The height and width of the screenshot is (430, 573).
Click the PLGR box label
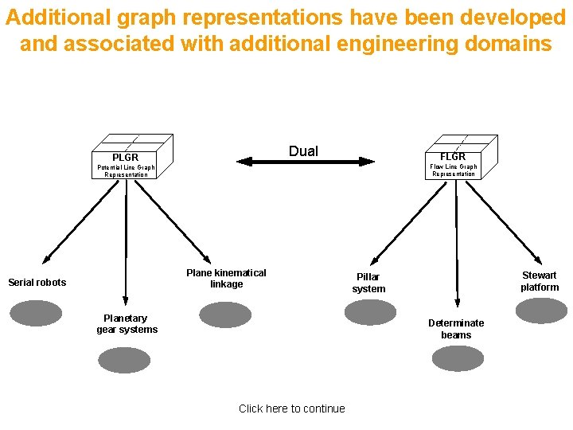125,157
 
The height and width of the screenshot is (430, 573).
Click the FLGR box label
453,156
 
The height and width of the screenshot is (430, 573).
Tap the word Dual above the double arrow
303,151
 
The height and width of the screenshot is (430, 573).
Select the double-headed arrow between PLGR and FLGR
306,161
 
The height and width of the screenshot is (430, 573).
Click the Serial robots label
37,282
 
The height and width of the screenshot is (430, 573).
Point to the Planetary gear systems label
127,324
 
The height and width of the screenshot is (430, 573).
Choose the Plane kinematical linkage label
226,279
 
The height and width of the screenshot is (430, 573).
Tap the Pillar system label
368,283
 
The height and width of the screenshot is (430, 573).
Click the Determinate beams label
456,329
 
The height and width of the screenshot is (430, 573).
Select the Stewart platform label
540,281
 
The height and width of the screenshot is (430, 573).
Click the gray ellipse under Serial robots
35,313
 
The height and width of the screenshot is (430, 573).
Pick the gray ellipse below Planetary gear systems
124,360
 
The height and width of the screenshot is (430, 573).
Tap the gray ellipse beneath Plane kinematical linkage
225,315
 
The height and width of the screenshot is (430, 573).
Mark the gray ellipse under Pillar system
369,312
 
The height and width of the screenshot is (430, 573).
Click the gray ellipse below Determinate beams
457,358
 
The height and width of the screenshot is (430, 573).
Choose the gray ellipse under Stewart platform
541,311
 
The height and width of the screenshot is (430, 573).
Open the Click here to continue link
292,408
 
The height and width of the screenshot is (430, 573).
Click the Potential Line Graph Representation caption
126,170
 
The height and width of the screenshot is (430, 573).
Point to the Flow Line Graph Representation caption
454,170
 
